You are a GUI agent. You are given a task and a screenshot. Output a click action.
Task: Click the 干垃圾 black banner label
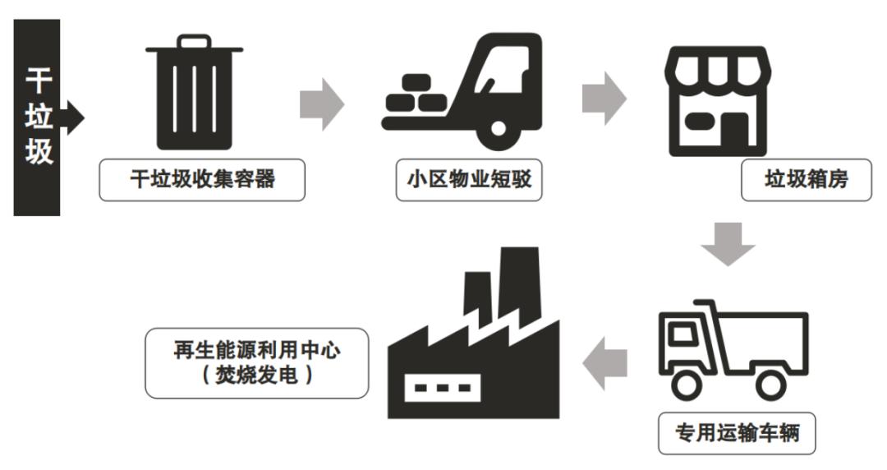(36, 117)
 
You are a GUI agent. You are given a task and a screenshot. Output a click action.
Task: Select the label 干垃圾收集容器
(202, 180)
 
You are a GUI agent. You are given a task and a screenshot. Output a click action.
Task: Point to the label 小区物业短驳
(464, 180)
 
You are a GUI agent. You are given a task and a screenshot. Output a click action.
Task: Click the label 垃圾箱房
(794, 180)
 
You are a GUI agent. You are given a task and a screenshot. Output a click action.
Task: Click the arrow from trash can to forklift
(321, 104)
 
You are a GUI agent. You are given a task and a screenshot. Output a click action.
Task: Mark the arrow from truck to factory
(604, 362)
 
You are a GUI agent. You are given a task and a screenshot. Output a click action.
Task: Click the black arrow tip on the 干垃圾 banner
(75, 117)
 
